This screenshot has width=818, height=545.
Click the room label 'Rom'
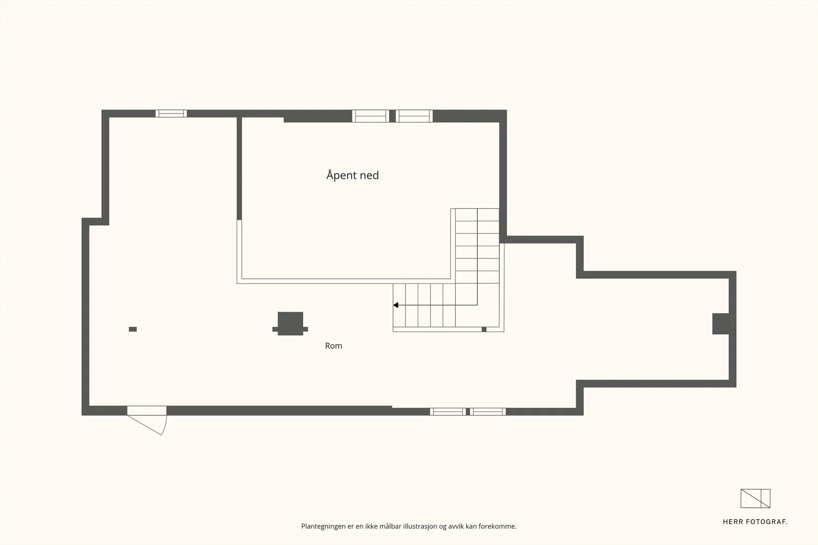(x=333, y=346)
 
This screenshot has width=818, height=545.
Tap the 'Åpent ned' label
(x=352, y=176)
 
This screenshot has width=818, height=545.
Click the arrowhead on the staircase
(x=396, y=305)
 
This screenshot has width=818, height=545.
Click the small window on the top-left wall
(x=171, y=113)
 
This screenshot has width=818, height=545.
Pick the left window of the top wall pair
(x=370, y=116)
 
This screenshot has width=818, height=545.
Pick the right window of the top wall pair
(x=414, y=116)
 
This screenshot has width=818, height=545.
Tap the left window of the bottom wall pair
(x=448, y=412)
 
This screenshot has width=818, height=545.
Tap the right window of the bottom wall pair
(x=488, y=412)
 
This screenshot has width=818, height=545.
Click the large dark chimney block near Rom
(x=290, y=323)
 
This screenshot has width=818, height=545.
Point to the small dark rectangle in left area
(x=133, y=329)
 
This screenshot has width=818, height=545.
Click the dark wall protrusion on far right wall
(x=720, y=323)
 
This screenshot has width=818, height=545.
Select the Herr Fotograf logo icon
(x=755, y=499)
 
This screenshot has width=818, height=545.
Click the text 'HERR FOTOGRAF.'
(x=755, y=522)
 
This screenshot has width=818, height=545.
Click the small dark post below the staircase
(x=484, y=329)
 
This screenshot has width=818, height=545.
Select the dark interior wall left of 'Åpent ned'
(x=239, y=169)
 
